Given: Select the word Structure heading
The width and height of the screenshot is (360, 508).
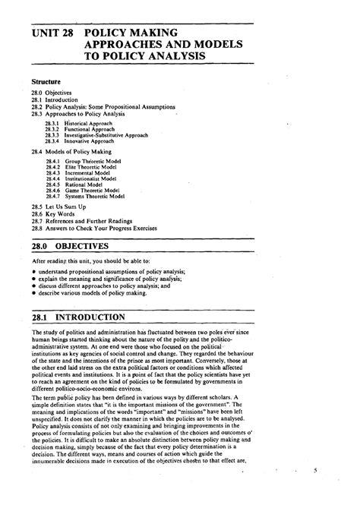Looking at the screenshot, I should [x=46, y=79].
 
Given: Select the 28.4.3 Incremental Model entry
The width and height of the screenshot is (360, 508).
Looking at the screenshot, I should [x=78, y=174].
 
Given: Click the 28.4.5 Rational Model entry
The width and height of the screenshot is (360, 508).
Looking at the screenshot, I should [x=75, y=185].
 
